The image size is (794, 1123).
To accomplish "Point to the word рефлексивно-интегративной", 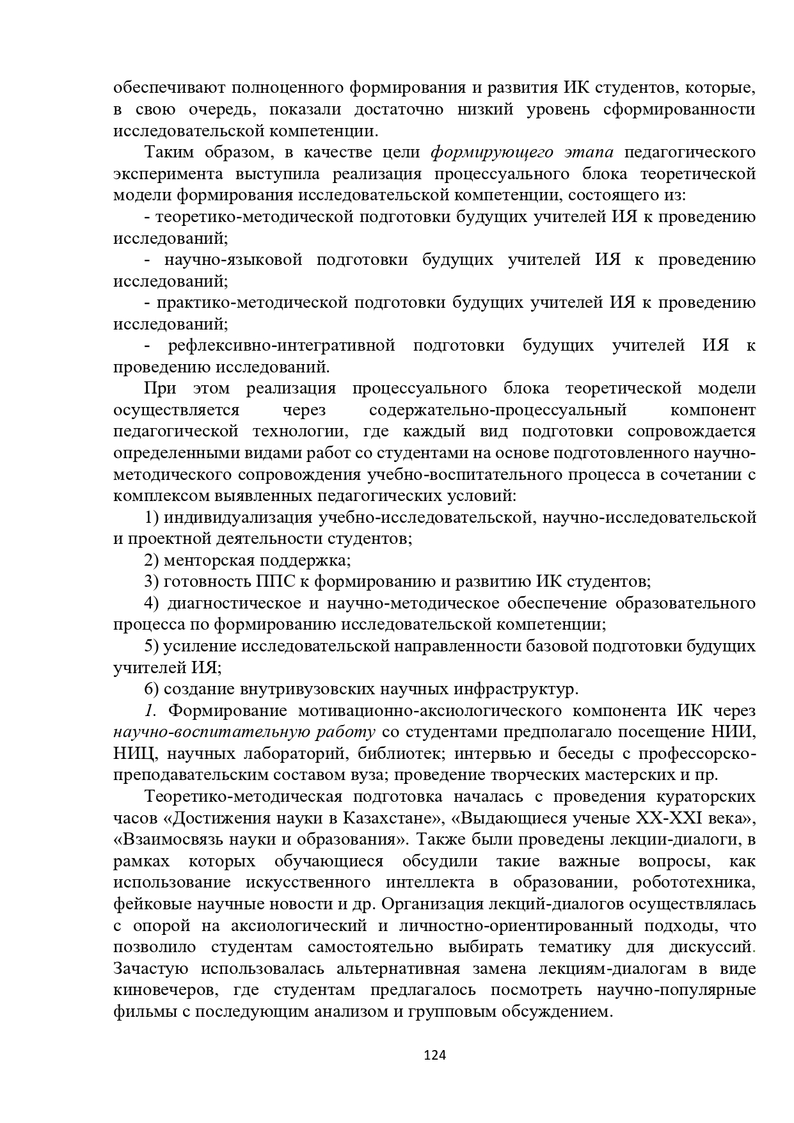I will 282,346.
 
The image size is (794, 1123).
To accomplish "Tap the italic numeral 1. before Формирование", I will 150,711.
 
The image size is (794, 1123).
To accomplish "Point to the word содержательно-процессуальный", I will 498,410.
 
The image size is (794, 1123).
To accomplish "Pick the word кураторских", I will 706,797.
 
